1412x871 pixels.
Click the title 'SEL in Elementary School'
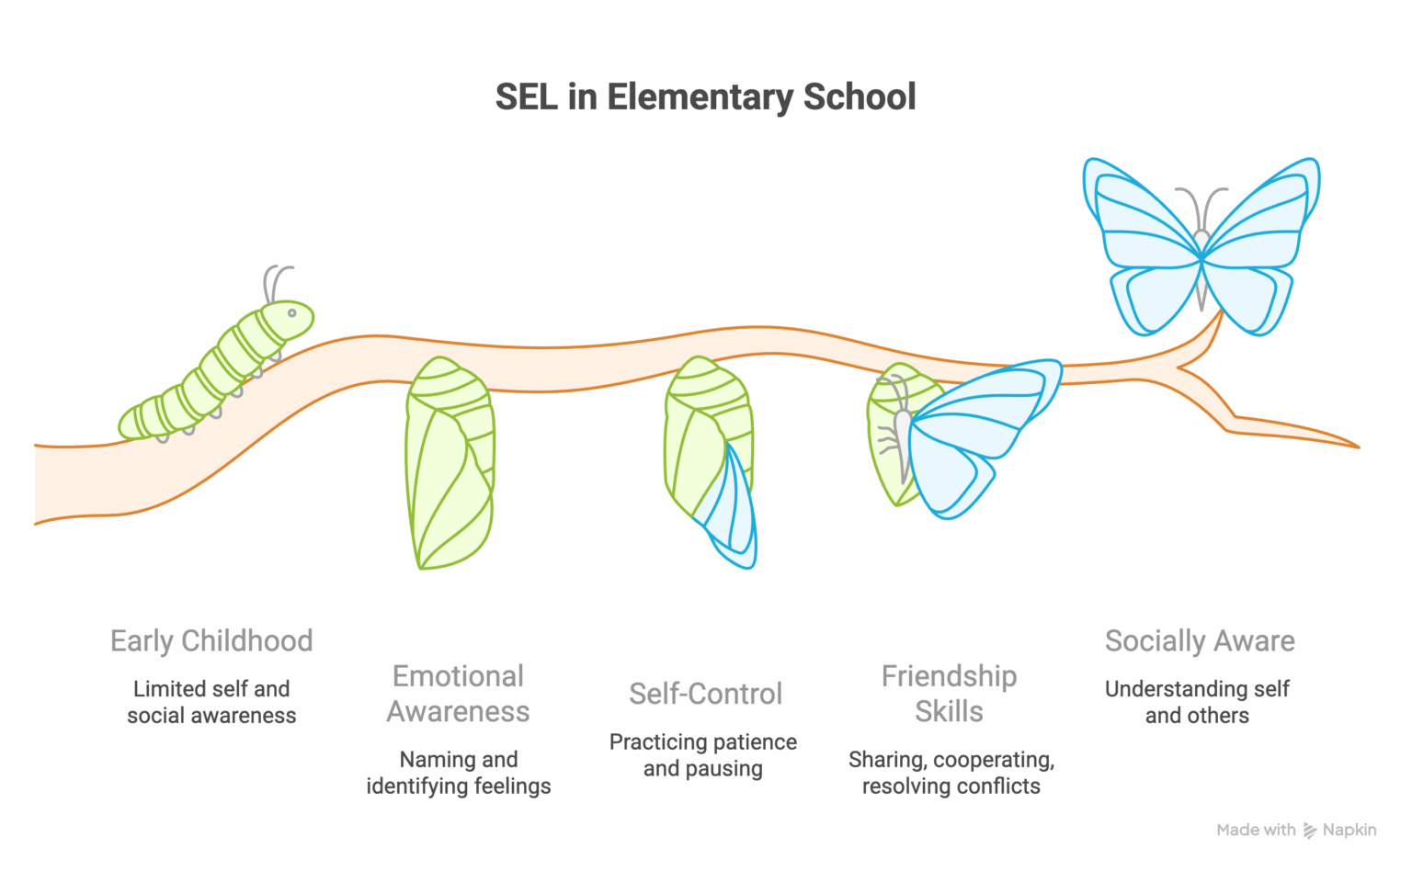pos(705,96)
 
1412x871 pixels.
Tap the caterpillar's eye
pos(292,313)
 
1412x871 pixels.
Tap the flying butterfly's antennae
pos(1201,207)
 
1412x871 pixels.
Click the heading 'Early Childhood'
pos(211,640)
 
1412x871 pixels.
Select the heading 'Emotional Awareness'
pos(458,694)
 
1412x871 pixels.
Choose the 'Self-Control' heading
pos(705,694)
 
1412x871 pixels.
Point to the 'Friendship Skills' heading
pos(949,694)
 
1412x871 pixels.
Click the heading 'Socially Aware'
pos(1200,640)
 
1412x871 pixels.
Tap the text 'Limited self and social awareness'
pos(211,702)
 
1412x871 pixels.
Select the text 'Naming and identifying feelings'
pos(458,773)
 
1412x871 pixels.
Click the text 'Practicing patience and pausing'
pos(703,755)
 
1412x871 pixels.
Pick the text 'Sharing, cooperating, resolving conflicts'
pos(951,773)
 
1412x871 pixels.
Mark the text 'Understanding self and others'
pos(1197,702)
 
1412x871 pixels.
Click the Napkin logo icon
pos(1310,831)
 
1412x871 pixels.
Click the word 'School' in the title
pos(860,96)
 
